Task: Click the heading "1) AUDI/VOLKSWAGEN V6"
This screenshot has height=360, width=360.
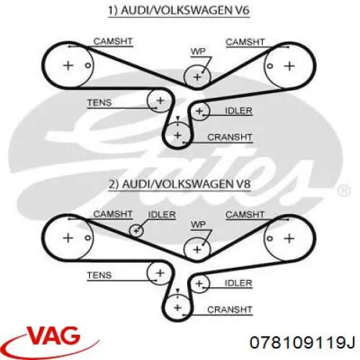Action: [x=179, y=11]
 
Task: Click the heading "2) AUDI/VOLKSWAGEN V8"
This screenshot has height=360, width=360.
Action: [x=179, y=184]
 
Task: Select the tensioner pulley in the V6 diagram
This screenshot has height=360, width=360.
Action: [x=160, y=100]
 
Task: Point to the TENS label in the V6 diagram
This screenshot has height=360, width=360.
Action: [x=99, y=103]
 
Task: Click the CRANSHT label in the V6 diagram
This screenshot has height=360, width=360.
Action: [x=230, y=138]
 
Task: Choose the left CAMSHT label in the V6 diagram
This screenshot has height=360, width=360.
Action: [x=113, y=42]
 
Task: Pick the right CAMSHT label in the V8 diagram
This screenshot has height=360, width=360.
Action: [x=245, y=215]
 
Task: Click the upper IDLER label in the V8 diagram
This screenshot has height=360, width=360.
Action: [x=162, y=215]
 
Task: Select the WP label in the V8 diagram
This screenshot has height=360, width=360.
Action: [x=198, y=225]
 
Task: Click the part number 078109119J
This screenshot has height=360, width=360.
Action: [x=302, y=343]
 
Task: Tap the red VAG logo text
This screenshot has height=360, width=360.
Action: [x=54, y=336]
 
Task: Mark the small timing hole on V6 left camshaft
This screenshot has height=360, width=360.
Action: [x=88, y=66]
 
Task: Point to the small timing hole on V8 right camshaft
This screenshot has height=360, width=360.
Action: [x=270, y=238]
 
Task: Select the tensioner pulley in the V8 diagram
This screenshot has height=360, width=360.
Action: [x=160, y=273]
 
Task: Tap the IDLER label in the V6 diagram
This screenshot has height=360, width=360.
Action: [x=238, y=111]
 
